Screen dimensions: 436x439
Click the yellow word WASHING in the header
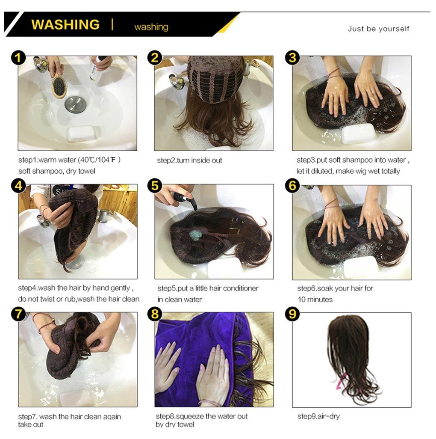point(65,24)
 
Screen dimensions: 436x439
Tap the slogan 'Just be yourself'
point(378,29)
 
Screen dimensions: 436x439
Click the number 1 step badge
point(18,58)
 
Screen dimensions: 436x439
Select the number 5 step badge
point(155,186)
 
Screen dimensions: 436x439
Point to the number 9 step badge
point(292,314)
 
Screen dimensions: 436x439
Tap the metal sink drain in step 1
point(75,104)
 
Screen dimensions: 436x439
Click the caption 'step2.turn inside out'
point(189,160)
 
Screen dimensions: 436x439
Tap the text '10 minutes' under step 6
point(315,300)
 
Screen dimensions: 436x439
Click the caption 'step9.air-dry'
point(318,416)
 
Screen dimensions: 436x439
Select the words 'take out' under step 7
point(31,425)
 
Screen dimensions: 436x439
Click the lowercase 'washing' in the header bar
point(151,27)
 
